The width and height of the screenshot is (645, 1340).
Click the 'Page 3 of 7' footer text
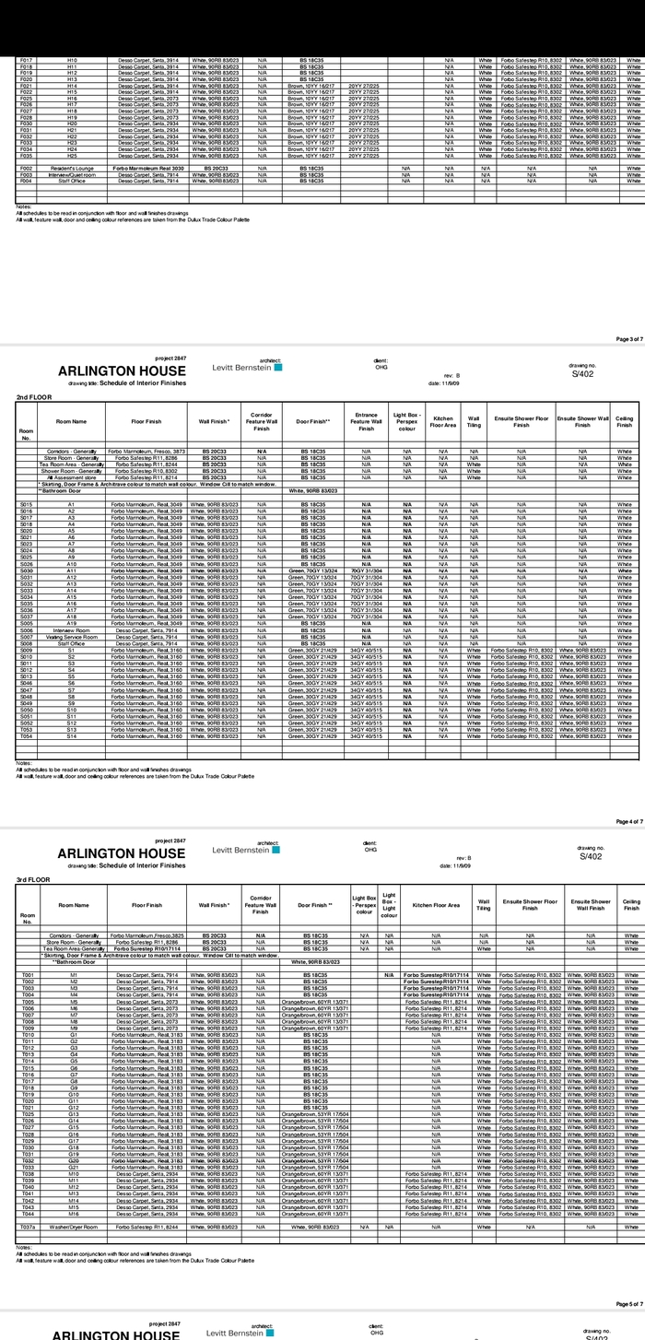(x=629, y=339)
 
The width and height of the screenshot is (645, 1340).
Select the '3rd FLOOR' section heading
(x=32, y=880)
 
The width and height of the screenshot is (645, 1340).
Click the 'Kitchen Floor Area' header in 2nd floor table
(x=443, y=422)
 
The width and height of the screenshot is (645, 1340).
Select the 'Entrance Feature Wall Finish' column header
(x=366, y=422)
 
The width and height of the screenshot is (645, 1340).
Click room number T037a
(x=28, y=1227)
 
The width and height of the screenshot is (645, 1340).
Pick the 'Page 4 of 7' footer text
(x=629, y=821)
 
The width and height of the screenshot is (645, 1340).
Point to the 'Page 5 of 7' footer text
(x=629, y=1303)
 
